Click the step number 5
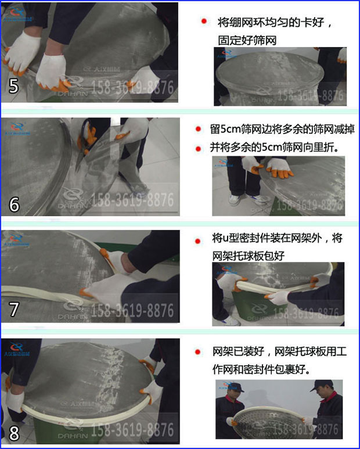(14, 86)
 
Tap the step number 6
(15, 204)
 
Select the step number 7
(14, 308)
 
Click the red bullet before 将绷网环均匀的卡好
(204, 21)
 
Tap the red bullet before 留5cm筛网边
(199, 129)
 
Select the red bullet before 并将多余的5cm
(199, 148)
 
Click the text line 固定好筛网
(246, 40)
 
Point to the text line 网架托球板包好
(248, 256)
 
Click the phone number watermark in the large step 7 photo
(133, 310)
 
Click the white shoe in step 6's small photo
(234, 200)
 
